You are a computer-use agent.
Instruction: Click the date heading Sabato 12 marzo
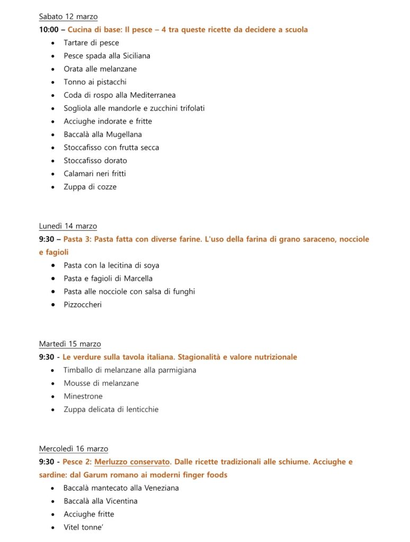point(68,17)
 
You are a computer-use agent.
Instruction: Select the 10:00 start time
point(49,30)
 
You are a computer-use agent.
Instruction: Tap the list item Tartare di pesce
point(91,43)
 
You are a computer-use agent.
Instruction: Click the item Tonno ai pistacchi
point(95,82)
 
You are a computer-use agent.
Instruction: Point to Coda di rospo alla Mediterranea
point(119,95)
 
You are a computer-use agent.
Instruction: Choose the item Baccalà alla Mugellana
point(103,134)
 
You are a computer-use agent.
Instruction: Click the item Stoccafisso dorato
point(95,160)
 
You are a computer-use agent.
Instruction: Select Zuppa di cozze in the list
point(90,187)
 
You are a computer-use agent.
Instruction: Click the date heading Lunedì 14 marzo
point(68,227)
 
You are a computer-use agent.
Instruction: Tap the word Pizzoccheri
point(83,305)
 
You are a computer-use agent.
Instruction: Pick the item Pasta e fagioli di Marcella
point(108,278)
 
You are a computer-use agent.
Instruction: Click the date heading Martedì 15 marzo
point(70,344)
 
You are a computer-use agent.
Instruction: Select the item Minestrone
point(83,396)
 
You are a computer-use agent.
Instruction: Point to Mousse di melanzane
point(101,383)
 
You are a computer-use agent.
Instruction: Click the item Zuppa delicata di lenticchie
point(111,409)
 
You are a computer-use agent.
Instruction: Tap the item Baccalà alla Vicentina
point(100,501)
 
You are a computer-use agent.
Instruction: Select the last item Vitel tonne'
point(83,527)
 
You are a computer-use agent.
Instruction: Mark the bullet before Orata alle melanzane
point(53,69)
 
